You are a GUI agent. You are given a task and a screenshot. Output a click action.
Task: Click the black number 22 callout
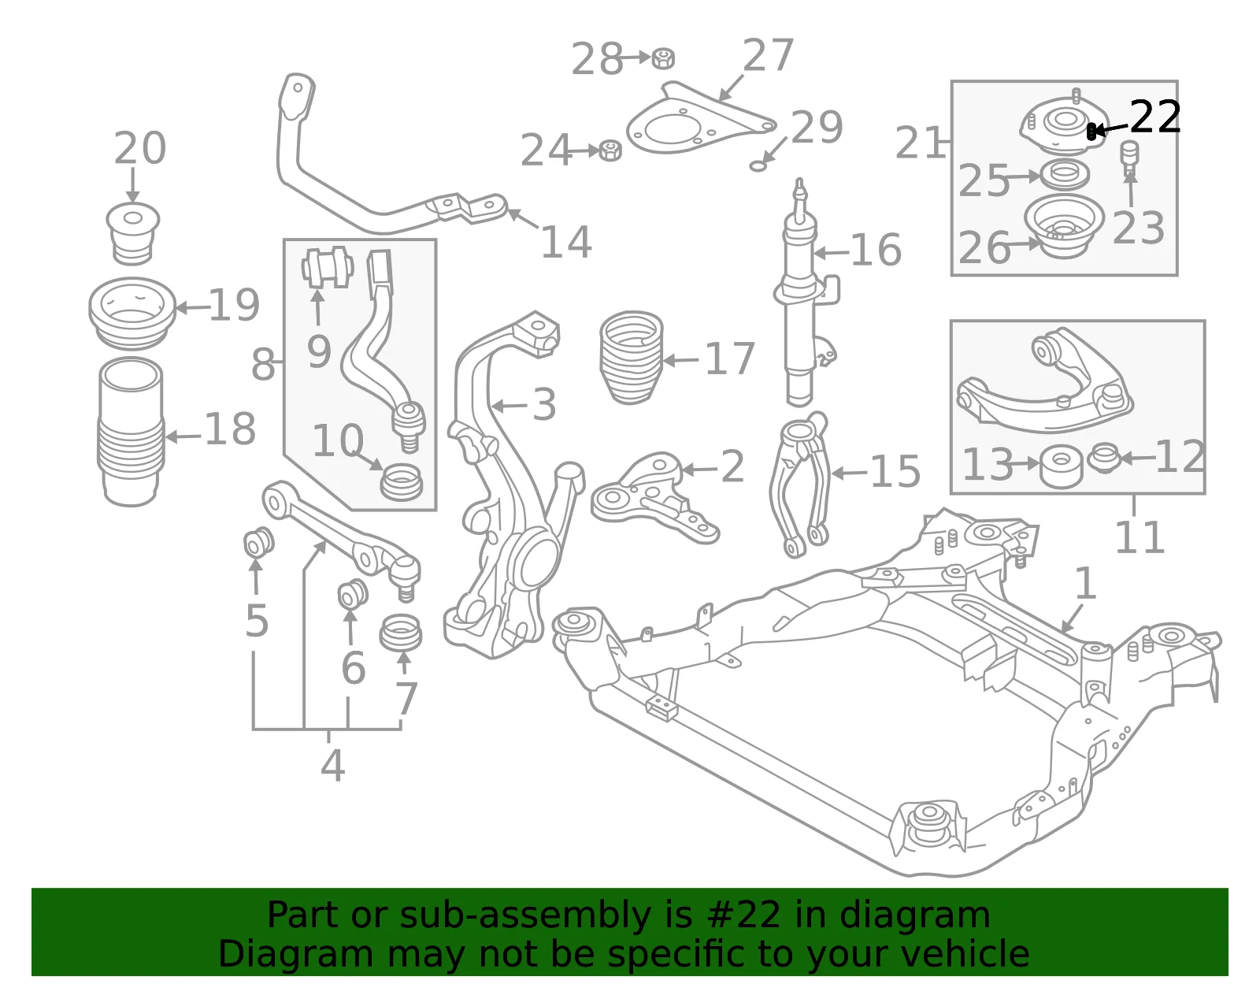pyautogui.click(x=1155, y=117)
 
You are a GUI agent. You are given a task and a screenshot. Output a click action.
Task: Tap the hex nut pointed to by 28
pyautogui.click(x=663, y=58)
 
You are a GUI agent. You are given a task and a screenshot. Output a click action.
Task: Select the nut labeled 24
pyautogui.click(x=610, y=150)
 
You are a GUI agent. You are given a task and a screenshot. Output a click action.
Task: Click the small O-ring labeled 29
pyautogui.click(x=758, y=166)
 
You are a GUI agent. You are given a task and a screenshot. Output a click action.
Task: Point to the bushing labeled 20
pyautogui.click(x=133, y=233)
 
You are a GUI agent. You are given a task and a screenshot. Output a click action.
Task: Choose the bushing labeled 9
pyautogui.click(x=328, y=267)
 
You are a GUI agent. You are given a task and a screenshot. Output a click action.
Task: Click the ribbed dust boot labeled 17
pyautogui.click(x=631, y=358)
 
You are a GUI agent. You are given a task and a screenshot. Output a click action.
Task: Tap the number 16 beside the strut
pyautogui.click(x=876, y=251)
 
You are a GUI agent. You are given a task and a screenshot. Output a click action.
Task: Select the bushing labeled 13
pyautogui.click(x=1061, y=466)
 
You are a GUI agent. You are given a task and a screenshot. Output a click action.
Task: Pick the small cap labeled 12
pyautogui.click(x=1104, y=458)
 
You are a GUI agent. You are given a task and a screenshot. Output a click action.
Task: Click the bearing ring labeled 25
pyautogui.click(x=1065, y=175)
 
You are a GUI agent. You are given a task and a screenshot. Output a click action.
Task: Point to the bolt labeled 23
pyautogui.click(x=1129, y=159)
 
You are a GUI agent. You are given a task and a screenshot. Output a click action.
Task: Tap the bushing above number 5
pyautogui.click(x=258, y=541)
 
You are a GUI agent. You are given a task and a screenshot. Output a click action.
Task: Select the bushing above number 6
pyautogui.click(x=353, y=594)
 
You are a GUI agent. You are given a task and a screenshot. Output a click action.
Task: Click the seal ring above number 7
pyautogui.click(x=401, y=633)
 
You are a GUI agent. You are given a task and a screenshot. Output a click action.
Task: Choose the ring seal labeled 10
pyautogui.click(x=402, y=482)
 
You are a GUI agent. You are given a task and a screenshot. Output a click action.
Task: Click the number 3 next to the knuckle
pyautogui.click(x=544, y=405)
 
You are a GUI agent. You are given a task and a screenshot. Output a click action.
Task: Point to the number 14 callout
pyautogui.click(x=566, y=242)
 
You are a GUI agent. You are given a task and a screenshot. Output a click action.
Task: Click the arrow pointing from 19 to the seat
pyautogui.click(x=192, y=308)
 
